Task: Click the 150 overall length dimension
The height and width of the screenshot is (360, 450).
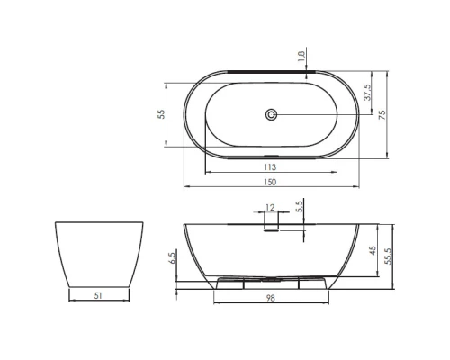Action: coord(270,182)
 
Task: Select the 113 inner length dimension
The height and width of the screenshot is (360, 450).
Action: coord(270,167)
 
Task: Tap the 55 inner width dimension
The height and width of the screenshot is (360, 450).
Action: coord(161,114)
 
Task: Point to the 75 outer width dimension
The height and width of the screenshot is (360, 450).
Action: coord(382,115)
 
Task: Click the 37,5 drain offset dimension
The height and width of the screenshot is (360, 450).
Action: coord(367,92)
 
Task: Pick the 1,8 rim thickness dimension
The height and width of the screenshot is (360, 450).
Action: coord(301,57)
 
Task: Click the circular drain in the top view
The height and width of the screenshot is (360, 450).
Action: coord(271,114)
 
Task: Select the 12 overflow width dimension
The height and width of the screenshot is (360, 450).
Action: coord(270,207)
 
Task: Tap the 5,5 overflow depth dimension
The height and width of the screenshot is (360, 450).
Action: coord(300,207)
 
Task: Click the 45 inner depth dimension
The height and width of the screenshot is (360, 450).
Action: coord(373,250)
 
